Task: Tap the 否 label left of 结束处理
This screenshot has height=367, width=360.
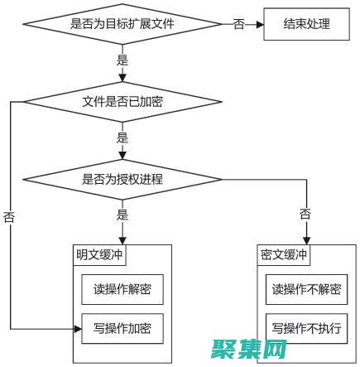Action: point(238,24)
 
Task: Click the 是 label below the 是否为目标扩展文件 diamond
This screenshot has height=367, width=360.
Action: point(122,61)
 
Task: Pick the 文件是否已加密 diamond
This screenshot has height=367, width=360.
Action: point(122,103)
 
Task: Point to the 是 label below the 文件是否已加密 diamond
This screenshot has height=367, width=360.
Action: point(122,137)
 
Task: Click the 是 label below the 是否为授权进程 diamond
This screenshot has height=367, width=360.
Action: point(122,215)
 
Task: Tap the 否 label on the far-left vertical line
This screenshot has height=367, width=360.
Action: point(10,217)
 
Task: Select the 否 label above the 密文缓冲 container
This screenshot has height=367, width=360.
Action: point(305,215)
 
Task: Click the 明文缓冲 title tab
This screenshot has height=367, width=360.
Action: point(98,255)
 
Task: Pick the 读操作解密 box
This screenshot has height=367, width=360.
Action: point(122,290)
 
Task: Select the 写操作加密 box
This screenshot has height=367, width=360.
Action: point(122,329)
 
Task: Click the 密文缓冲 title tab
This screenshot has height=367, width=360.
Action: point(283,255)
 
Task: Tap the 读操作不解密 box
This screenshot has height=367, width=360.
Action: point(306,290)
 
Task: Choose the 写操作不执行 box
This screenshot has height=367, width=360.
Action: point(306,329)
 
